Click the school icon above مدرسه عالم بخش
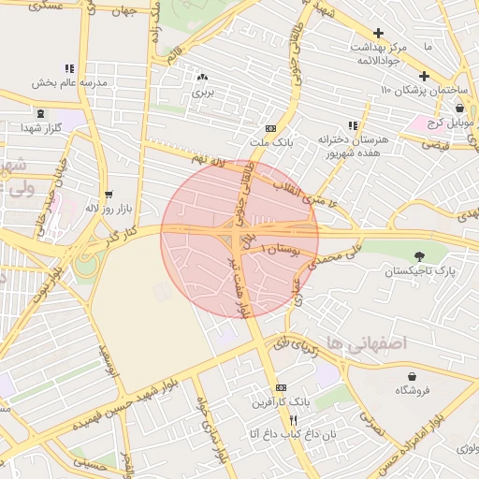point(69,68)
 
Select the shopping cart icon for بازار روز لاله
point(109,195)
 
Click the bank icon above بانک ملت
point(271,128)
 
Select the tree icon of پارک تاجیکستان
point(418,256)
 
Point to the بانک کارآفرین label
point(279,402)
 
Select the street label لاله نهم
point(210,162)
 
